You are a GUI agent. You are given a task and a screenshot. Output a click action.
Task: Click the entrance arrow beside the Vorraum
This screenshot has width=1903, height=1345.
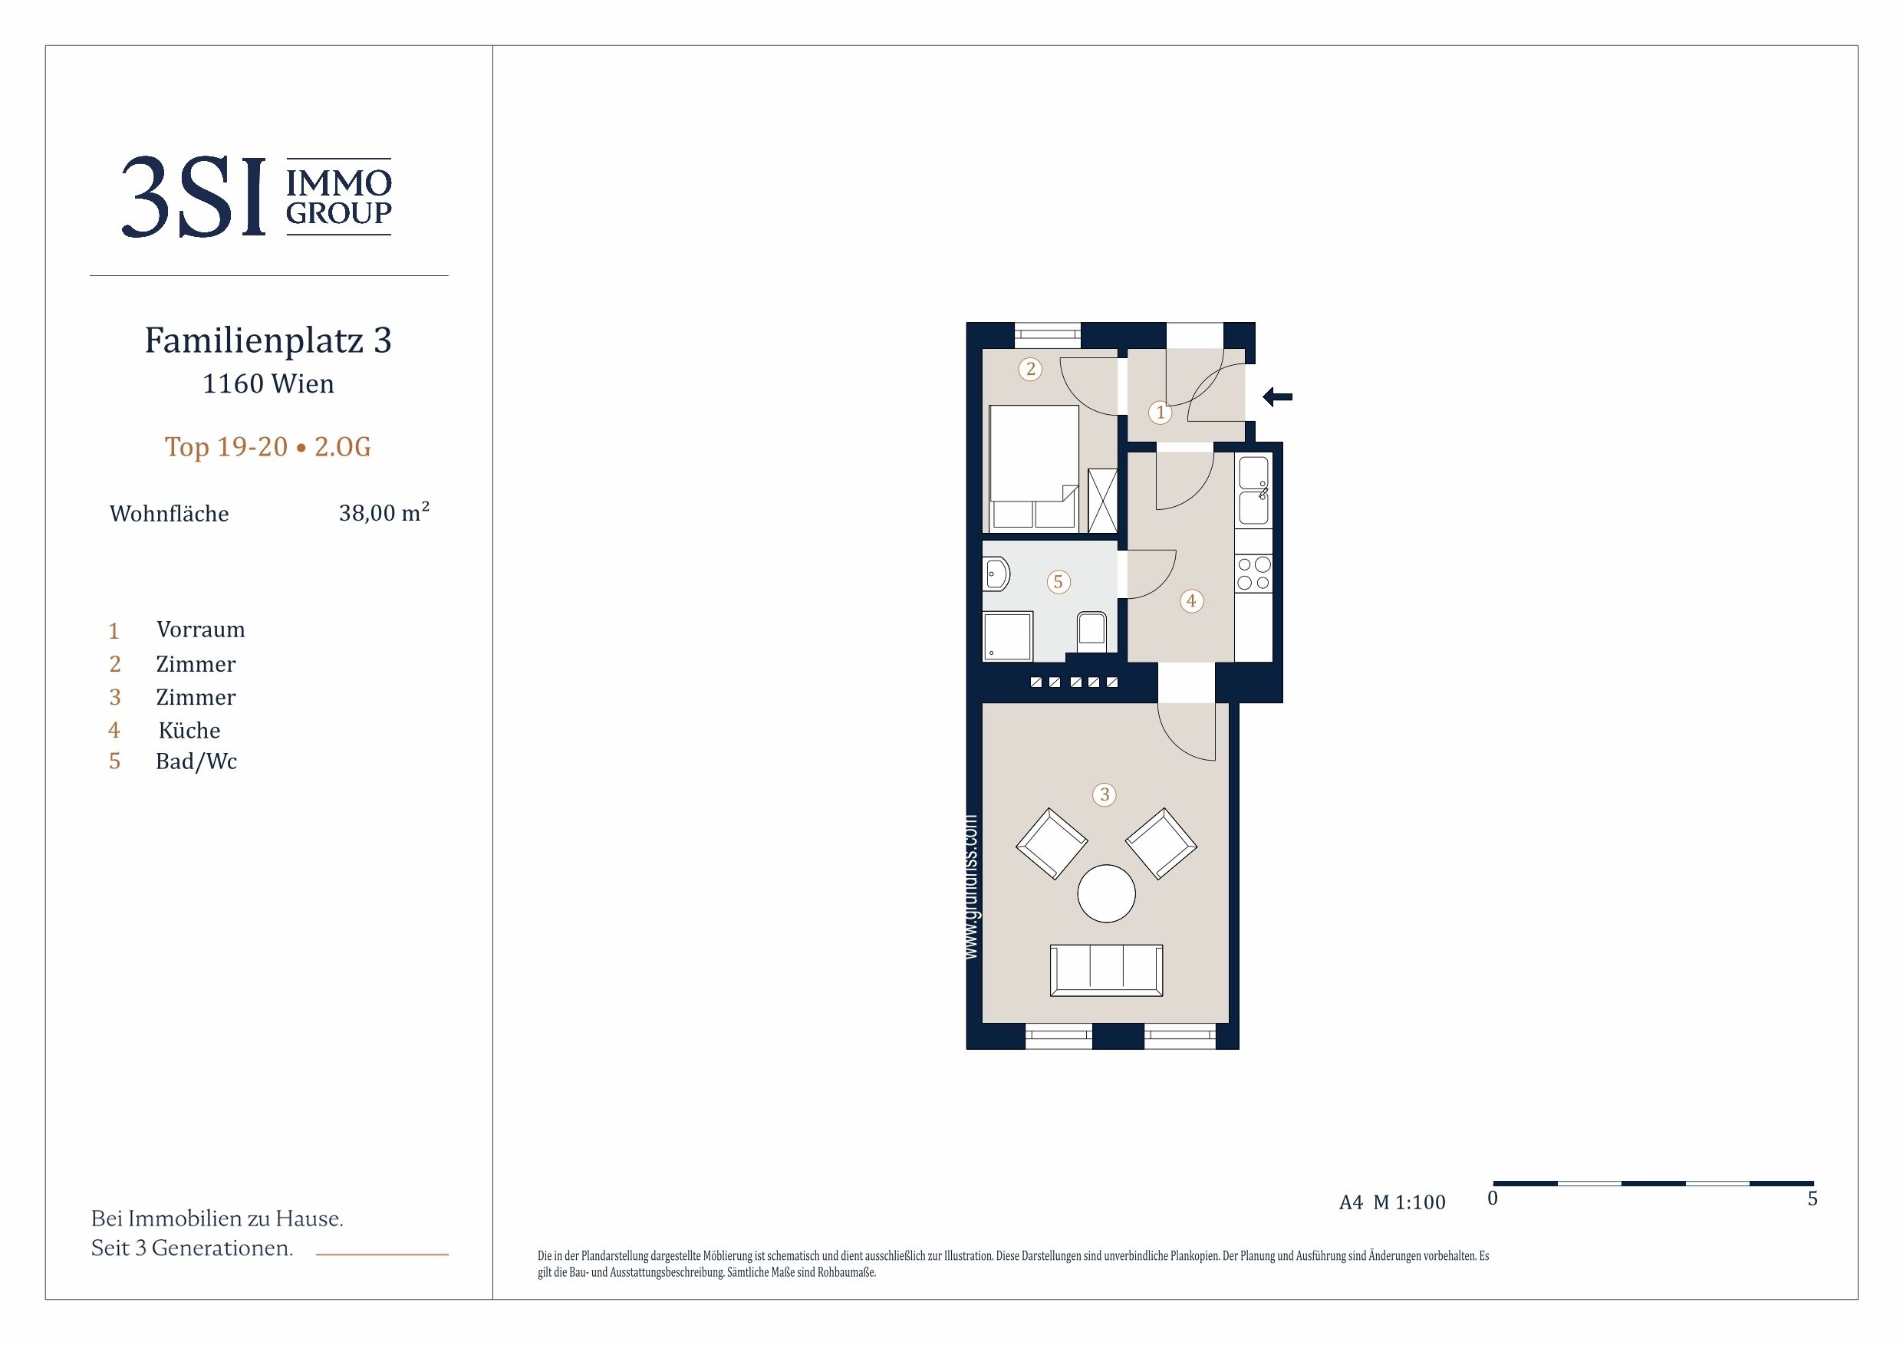click(1277, 398)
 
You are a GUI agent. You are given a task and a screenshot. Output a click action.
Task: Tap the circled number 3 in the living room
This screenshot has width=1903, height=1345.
click(1104, 794)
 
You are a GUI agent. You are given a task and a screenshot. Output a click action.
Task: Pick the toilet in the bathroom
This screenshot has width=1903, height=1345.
click(1091, 633)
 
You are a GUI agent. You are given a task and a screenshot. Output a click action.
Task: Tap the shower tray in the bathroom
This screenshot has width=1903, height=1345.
click(1008, 636)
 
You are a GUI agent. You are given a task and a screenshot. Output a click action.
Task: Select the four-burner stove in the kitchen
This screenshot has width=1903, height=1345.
click(1253, 574)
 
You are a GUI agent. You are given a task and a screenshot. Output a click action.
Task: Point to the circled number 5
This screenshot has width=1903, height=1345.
click(1058, 582)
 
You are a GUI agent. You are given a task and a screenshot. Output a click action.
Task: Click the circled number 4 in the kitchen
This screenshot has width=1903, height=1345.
click(1191, 601)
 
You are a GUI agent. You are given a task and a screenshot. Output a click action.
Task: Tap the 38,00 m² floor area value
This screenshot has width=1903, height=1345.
click(384, 512)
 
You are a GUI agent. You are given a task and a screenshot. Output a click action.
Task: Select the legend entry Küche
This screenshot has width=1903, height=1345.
click(189, 730)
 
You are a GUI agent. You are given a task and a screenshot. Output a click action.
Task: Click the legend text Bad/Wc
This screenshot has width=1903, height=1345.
click(196, 761)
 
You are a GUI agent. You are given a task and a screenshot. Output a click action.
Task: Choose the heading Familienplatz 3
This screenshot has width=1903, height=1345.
click(268, 340)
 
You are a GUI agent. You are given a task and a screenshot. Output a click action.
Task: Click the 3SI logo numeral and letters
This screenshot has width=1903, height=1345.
click(194, 197)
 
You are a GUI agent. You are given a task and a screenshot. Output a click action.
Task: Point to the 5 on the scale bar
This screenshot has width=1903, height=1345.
click(1812, 1199)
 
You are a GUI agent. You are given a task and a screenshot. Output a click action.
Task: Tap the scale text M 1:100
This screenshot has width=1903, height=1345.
click(1409, 1202)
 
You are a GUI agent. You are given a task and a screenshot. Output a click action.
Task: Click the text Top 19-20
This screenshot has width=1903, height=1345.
click(226, 447)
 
